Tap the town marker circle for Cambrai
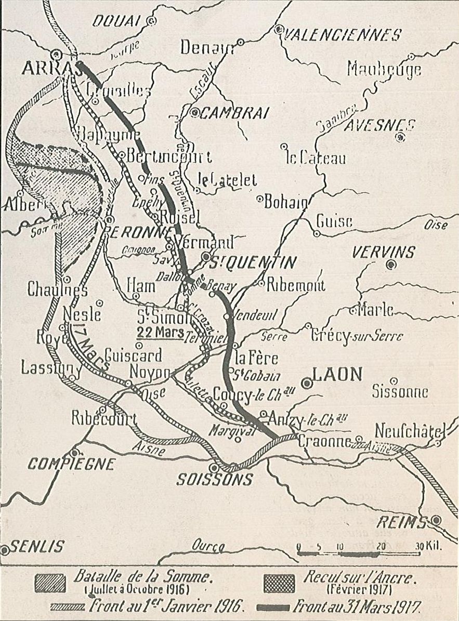pyautogui.click(x=194, y=112)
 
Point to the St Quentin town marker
pyautogui.click(x=206, y=256)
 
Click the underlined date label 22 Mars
pyautogui.click(x=160, y=333)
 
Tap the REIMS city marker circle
pyautogui.click(x=437, y=520)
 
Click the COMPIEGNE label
pyautogui.click(x=71, y=464)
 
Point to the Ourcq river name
pyautogui.click(x=208, y=546)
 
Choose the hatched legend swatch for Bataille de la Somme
pyautogui.click(x=50, y=583)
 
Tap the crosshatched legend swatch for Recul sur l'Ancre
pyautogui.click(x=279, y=583)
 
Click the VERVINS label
pyautogui.click(x=384, y=253)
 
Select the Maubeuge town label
pyautogui.click(x=384, y=69)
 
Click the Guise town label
pyautogui.click(x=334, y=221)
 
